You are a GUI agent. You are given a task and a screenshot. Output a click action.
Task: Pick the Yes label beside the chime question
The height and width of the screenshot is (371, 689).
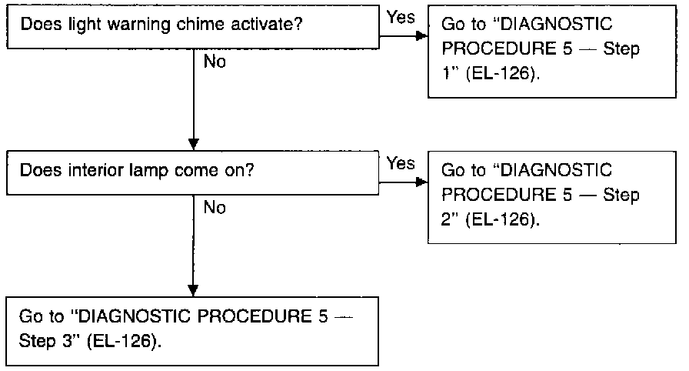(x=401, y=17)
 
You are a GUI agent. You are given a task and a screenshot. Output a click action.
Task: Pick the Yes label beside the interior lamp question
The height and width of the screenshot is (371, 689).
(x=401, y=163)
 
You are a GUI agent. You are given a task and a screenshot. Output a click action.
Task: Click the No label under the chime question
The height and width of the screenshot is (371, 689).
(x=215, y=62)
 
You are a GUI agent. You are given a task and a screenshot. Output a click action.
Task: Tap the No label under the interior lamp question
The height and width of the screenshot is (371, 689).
(x=215, y=208)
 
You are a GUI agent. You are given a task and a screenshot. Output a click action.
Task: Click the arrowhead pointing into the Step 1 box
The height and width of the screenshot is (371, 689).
(x=422, y=35)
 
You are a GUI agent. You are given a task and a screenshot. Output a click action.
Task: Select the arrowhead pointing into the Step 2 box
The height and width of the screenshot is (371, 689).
(x=422, y=182)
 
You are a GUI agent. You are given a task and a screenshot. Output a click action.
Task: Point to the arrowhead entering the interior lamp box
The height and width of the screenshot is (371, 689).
(x=193, y=145)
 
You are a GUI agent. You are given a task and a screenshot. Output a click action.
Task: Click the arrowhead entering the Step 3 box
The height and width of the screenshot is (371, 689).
(x=193, y=290)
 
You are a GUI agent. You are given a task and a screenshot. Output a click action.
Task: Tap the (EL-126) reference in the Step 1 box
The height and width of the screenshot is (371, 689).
(x=502, y=73)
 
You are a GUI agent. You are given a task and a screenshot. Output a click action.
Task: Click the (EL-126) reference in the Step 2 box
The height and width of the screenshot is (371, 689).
(x=502, y=219)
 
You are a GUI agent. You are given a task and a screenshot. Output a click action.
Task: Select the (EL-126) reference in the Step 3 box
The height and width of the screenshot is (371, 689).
(x=125, y=342)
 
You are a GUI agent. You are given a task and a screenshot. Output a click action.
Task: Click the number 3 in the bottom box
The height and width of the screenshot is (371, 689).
(x=67, y=342)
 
